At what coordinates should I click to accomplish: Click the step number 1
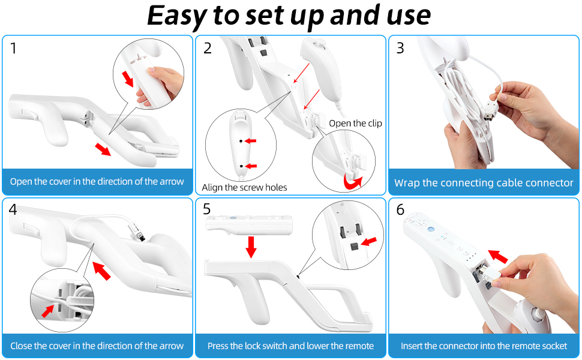[14, 48]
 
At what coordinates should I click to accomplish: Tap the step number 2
[208, 48]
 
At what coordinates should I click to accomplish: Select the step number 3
[400, 48]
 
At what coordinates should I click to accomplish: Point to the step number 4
[13, 209]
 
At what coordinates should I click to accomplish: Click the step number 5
[207, 209]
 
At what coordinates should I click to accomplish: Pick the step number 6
[400, 209]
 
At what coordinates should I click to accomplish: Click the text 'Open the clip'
[355, 123]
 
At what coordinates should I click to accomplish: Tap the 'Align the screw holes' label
[244, 187]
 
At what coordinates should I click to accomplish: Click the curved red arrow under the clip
[352, 181]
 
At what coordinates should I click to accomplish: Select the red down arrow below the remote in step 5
[251, 247]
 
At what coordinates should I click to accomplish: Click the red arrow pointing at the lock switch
[369, 242]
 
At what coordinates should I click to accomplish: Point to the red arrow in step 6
[498, 256]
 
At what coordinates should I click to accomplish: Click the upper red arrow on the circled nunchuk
[251, 140]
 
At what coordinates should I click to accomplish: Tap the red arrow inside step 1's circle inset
[128, 79]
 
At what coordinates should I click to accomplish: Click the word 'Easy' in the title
[176, 16]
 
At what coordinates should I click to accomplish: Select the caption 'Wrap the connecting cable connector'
[484, 182]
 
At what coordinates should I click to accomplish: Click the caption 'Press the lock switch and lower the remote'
[290, 346]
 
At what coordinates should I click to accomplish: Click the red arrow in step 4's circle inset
[48, 311]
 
